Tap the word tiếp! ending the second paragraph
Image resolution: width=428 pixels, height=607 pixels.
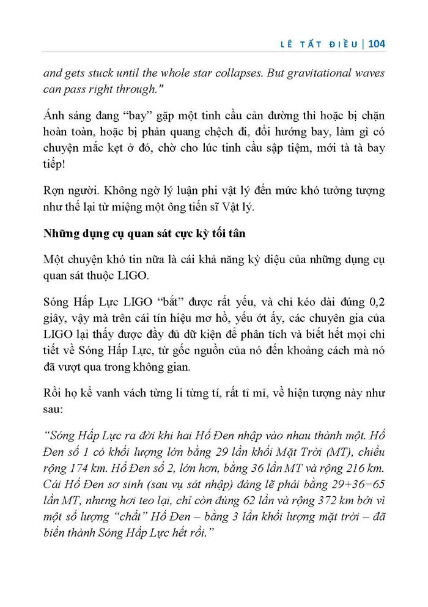point(57,165)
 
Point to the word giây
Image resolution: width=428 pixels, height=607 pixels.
point(56,319)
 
